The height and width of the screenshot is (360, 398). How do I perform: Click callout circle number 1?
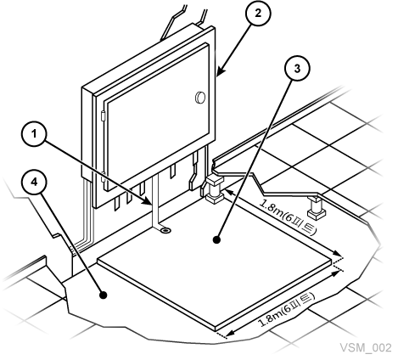pyautogui.click(x=34, y=134)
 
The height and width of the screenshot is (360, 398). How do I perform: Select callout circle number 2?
pyautogui.click(x=258, y=14)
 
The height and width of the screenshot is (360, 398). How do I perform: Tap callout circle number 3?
pyautogui.click(x=297, y=68)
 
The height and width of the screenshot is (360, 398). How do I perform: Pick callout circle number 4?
pyautogui.click(x=34, y=182)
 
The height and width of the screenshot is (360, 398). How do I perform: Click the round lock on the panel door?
pyautogui.click(x=200, y=97)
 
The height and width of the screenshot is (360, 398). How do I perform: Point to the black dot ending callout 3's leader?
pyautogui.click(x=216, y=239)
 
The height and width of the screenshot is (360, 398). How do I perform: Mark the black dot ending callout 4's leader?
pyautogui.click(x=104, y=295)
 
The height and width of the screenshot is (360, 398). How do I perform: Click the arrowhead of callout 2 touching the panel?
pyautogui.click(x=221, y=70)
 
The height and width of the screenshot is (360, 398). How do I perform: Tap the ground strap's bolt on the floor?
pyautogui.click(x=165, y=231)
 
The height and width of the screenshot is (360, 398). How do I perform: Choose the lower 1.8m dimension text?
pyautogui.click(x=287, y=309)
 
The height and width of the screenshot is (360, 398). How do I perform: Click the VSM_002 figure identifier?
pyautogui.click(x=366, y=347)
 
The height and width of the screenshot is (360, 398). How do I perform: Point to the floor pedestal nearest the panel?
pyautogui.click(x=214, y=188)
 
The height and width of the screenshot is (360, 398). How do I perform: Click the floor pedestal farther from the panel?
pyautogui.click(x=317, y=208)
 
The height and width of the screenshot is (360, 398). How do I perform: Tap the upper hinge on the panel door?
pyautogui.click(x=103, y=116)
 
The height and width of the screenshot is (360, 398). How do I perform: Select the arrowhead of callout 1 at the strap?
pyautogui.click(x=149, y=201)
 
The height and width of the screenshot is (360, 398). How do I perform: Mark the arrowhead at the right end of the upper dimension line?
pyautogui.click(x=337, y=253)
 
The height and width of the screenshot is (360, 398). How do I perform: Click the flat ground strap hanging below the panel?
pyautogui.click(x=155, y=201)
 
